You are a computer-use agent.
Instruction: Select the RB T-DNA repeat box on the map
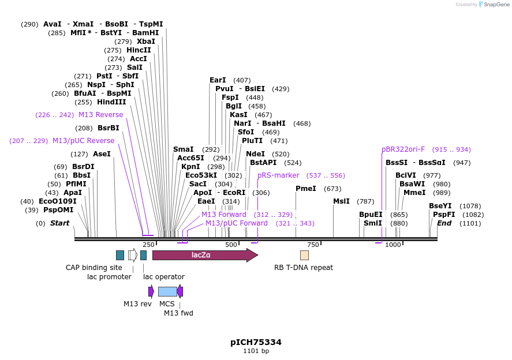(x=304, y=255)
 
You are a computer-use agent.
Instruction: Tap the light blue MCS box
(x=167, y=291)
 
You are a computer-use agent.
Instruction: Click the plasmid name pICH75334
(x=256, y=342)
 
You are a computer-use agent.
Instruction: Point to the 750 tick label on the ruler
(x=313, y=245)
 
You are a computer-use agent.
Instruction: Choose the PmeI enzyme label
(x=306, y=189)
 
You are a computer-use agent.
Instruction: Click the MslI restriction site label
(x=341, y=201)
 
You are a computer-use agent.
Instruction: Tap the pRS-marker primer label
(x=279, y=175)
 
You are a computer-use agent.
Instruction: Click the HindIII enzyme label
(x=111, y=102)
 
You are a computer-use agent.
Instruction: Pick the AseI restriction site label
(x=102, y=154)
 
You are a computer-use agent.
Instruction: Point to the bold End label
(x=444, y=223)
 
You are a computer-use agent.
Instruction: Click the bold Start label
(x=59, y=223)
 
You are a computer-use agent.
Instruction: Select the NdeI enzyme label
(x=255, y=154)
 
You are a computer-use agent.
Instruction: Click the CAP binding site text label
(x=94, y=268)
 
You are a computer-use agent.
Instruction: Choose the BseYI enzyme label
(x=440, y=206)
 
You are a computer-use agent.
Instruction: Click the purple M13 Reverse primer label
(x=101, y=115)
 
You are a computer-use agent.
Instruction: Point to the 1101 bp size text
(x=256, y=351)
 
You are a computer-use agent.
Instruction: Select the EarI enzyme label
(x=218, y=80)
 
